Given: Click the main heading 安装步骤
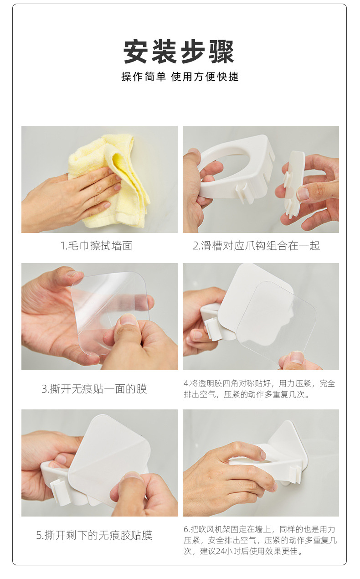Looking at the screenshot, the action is [x=179, y=52].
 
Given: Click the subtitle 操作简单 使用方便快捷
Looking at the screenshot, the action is [x=180, y=77].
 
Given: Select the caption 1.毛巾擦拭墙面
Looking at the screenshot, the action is [x=97, y=246].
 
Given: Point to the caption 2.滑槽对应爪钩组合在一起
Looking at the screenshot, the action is [x=257, y=246].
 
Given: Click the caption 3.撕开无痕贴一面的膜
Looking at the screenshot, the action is [x=94, y=389].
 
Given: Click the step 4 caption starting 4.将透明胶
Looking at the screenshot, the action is [x=259, y=389].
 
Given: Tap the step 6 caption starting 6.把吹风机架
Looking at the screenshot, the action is [x=260, y=540].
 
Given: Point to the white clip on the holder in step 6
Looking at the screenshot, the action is [x=295, y=475].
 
